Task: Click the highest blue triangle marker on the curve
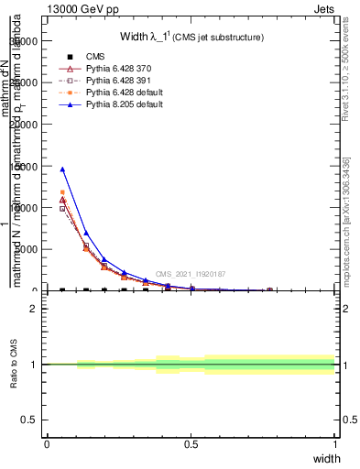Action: [62, 169]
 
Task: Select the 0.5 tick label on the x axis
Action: [191, 444]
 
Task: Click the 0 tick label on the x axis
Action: [47, 444]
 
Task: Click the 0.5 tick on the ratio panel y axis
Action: [30, 420]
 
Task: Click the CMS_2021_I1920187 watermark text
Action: [190, 274]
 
